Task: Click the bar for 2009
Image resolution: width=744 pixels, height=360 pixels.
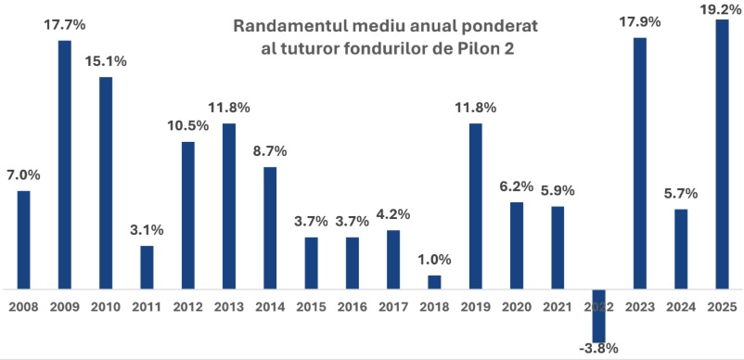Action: pyautogui.click(x=65, y=165)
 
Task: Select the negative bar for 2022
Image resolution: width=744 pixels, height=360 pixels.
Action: pyautogui.click(x=598, y=315)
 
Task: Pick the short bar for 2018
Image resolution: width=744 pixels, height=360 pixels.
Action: pyautogui.click(x=434, y=282)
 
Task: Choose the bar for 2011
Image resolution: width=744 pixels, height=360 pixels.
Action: pyautogui.click(x=147, y=267)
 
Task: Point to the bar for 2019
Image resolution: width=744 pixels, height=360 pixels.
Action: pyautogui.click(x=475, y=206)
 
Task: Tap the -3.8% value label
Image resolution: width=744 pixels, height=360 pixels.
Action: pyautogui.click(x=598, y=350)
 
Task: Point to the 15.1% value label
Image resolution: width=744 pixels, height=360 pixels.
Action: pyautogui.click(x=106, y=61)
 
